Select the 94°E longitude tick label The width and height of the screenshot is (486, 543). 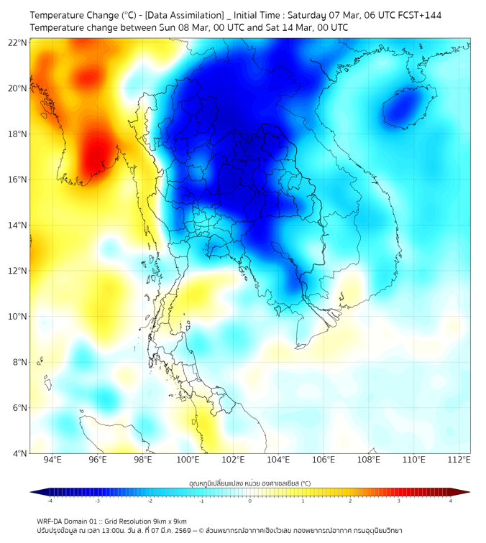click(x=52, y=460)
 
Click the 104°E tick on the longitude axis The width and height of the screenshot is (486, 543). click(x=278, y=460)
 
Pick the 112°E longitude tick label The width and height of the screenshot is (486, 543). click(x=459, y=460)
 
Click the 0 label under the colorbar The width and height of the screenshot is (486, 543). click(x=249, y=501)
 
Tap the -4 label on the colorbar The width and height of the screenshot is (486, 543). click(x=49, y=501)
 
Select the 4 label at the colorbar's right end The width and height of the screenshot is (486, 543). click(x=450, y=501)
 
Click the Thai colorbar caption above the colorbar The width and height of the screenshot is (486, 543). click(x=249, y=483)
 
